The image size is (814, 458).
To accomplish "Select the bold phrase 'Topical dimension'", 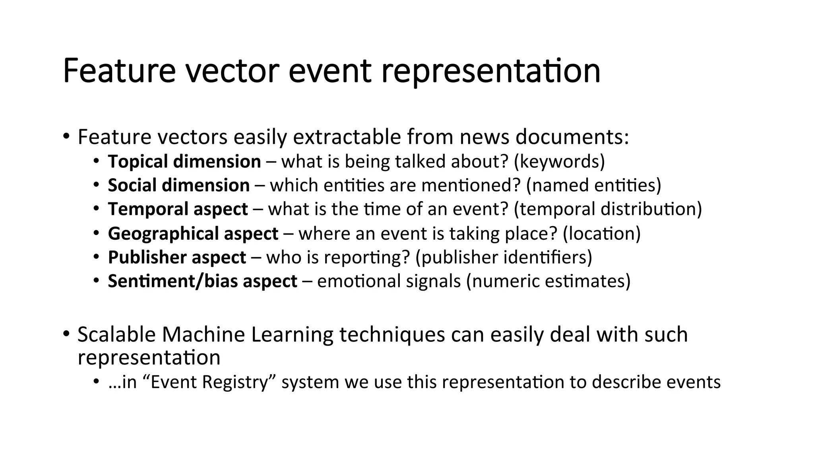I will pyautogui.click(x=184, y=161).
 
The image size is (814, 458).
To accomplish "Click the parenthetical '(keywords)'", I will pyautogui.click(x=559, y=161).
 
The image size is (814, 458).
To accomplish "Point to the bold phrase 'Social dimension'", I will pyautogui.click(x=179, y=185).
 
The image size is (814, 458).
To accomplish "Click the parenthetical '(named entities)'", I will pyautogui.click(x=593, y=185).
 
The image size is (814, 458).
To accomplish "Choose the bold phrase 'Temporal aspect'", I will pyautogui.click(x=178, y=209).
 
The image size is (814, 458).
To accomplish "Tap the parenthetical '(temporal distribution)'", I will pyautogui.click(x=608, y=209).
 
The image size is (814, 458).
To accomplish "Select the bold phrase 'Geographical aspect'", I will pyautogui.click(x=193, y=233).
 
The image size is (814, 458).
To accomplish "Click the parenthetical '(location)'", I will pyautogui.click(x=602, y=233).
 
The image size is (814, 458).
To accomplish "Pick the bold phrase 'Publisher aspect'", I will pyautogui.click(x=177, y=257).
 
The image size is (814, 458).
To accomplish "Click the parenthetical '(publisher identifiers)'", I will pyautogui.click(x=504, y=257).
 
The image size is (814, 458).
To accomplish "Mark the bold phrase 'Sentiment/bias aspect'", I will pyautogui.click(x=203, y=281).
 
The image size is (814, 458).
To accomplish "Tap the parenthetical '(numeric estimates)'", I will pyautogui.click(x=548, y=281).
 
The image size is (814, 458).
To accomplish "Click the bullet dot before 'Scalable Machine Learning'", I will pyautogui.click(x=66, y=333).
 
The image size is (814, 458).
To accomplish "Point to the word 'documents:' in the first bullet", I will pyautogui.click(x=572, y=137).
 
